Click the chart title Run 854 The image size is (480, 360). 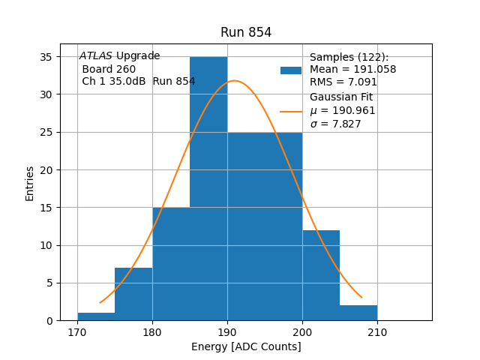246,32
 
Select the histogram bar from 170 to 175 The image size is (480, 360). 96,316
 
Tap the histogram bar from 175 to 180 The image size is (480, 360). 133,294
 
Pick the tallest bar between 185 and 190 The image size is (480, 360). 208,187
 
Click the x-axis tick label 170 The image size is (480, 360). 77,332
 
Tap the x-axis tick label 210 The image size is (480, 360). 377,332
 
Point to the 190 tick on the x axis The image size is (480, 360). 227,332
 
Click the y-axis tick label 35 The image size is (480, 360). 45,57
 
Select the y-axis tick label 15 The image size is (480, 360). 45,208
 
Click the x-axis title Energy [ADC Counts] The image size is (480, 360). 246,346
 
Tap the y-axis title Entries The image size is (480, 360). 30,183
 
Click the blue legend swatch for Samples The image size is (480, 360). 291,70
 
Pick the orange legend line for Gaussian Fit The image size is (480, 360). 291,111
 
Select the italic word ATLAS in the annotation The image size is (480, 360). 96,56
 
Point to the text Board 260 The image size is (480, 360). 109,69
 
